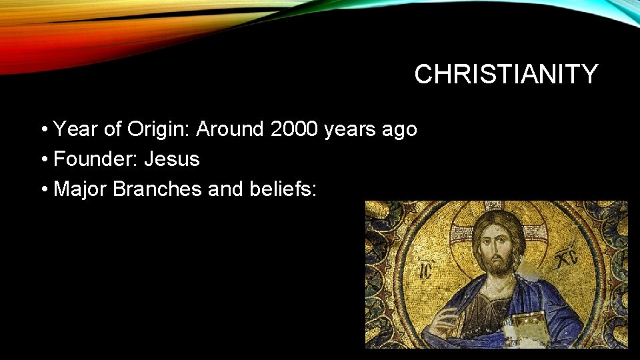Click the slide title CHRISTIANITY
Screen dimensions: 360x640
pos(506,75)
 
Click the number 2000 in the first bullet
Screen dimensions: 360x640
pos(295,129)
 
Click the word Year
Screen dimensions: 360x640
pos(75,129)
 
